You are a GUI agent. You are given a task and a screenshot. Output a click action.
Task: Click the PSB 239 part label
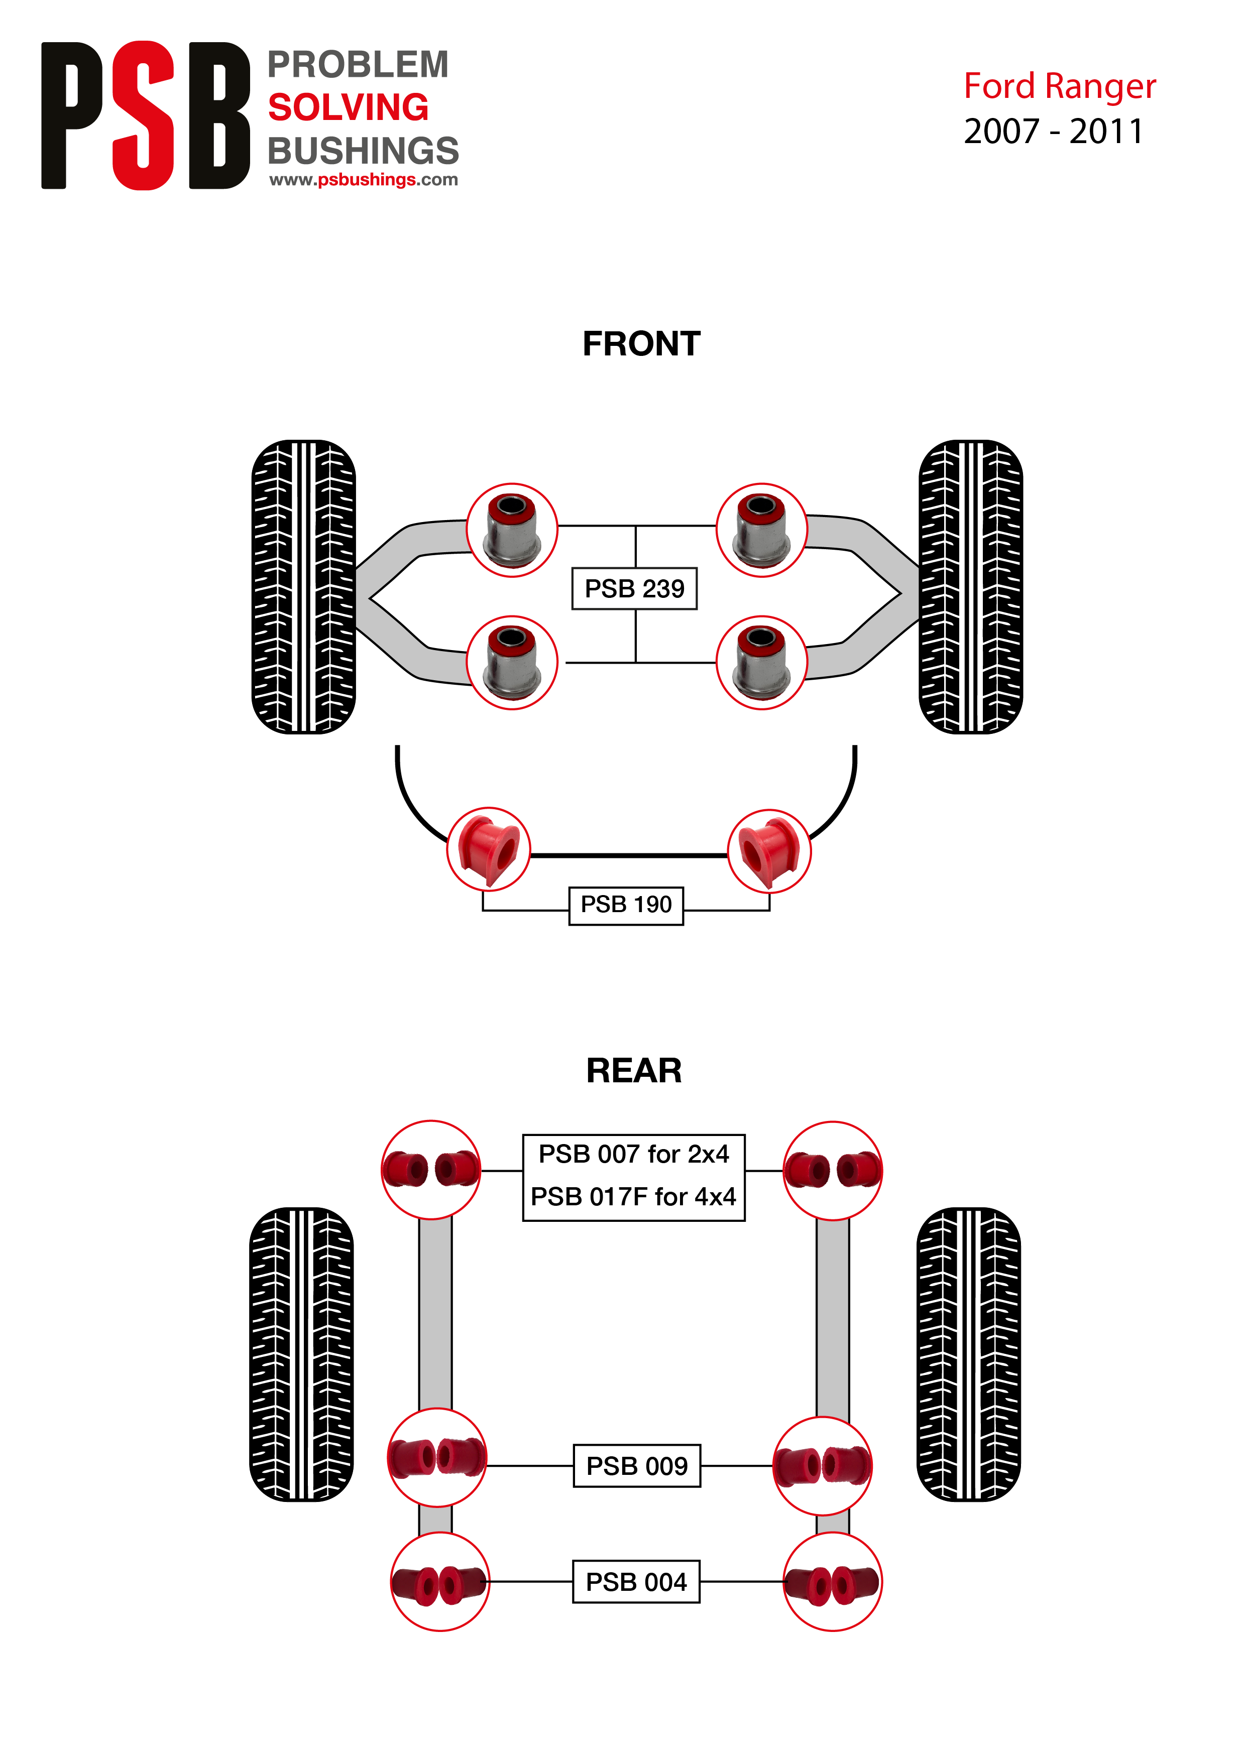(634, 588)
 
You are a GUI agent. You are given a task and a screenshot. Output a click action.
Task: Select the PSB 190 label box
(626, 905)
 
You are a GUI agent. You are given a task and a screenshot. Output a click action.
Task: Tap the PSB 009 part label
(637, 1466)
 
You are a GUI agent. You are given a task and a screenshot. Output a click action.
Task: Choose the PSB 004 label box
(636, 1581)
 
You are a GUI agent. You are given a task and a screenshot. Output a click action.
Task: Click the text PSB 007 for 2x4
(634, 1154)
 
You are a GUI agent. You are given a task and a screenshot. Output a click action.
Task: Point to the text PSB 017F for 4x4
(634, 1196)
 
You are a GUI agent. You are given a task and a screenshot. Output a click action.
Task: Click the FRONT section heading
(641, 343)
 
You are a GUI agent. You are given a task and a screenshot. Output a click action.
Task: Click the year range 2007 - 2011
(1054, 131)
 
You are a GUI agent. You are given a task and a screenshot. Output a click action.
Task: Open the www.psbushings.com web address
(364, 180)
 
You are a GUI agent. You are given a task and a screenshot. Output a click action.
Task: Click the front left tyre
(304, 587)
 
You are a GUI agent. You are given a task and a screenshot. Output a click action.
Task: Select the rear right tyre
(968, 1354)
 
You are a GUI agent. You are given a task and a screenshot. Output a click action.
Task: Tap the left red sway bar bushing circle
(489, 849)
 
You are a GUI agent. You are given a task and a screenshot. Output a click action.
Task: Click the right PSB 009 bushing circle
(823, 1466)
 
